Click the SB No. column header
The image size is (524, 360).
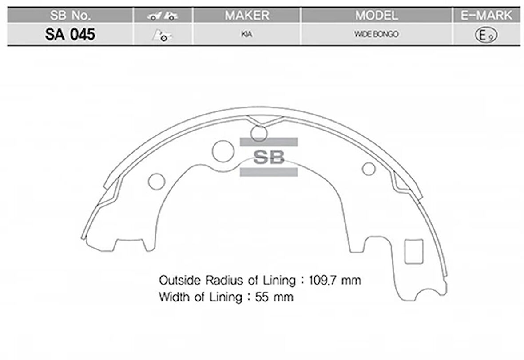(x=70, y=15)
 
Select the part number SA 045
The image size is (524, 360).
(x=70, y=34)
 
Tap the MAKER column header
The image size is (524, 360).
(x=247, y=15)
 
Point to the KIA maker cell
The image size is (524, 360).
(x=247, y=35)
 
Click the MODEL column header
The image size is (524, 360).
(x=376, y=15)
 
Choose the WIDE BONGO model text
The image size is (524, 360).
(x=376, y=35)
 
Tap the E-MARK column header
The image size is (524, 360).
(x=486, y=15)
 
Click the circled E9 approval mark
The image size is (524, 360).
(x=486, y=35)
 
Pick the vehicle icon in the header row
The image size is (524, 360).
(x=163, y=16)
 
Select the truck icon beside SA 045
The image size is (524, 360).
(x=163, y=36)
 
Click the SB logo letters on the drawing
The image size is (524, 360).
(x=269, y=157)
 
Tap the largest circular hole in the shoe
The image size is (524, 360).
(x=223, y=151)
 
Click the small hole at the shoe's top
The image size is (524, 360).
(x=259, y=133)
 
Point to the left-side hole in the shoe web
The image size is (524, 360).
(x=156, y=181)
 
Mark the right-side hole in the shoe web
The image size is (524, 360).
(x=369, y=169)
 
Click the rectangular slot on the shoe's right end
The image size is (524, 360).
(x=414, y=252)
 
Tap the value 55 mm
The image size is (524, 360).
(x=274, y=297)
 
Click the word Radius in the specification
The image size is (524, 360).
(x=221, y=281)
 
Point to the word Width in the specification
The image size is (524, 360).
(x=175, y=297)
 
